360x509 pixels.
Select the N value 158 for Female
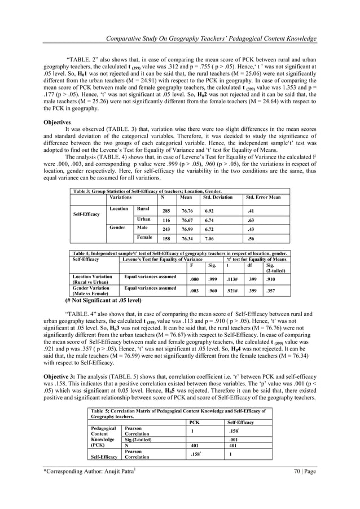(166, 239)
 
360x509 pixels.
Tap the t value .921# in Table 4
(232, 289)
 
